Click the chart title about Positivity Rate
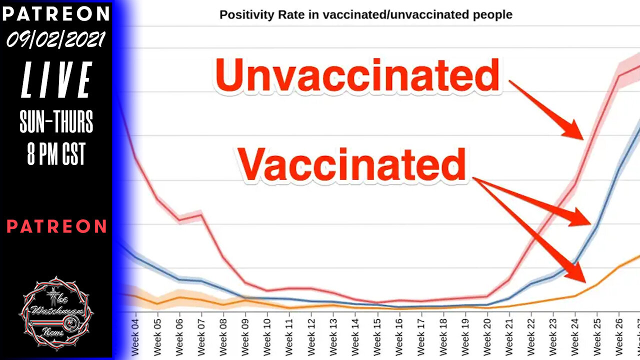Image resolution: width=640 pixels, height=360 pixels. (365, 14)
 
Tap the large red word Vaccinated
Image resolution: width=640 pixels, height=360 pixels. (352, 164)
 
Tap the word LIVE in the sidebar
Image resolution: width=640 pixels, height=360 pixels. (56, 80)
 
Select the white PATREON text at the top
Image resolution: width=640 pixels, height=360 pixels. (56, 13)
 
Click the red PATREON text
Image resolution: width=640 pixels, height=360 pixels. (56, 226)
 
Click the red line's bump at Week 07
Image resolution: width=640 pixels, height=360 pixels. (201, 215)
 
